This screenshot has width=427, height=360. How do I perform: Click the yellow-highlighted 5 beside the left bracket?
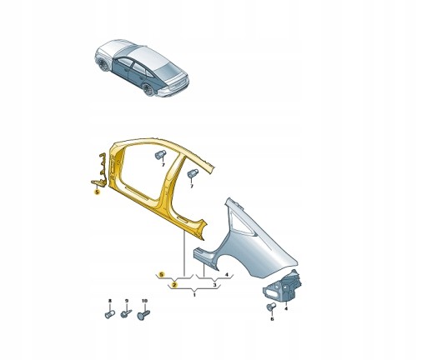(x=97, y=192)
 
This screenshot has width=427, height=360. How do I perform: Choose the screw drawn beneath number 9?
(x=127, y=315)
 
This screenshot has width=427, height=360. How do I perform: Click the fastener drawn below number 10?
(x=145, y=315)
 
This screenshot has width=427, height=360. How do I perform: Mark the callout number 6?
(x=272, y=319)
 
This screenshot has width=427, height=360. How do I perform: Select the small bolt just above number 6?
(x=272, y=307)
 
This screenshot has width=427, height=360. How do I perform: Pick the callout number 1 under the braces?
(x=194, y=294)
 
